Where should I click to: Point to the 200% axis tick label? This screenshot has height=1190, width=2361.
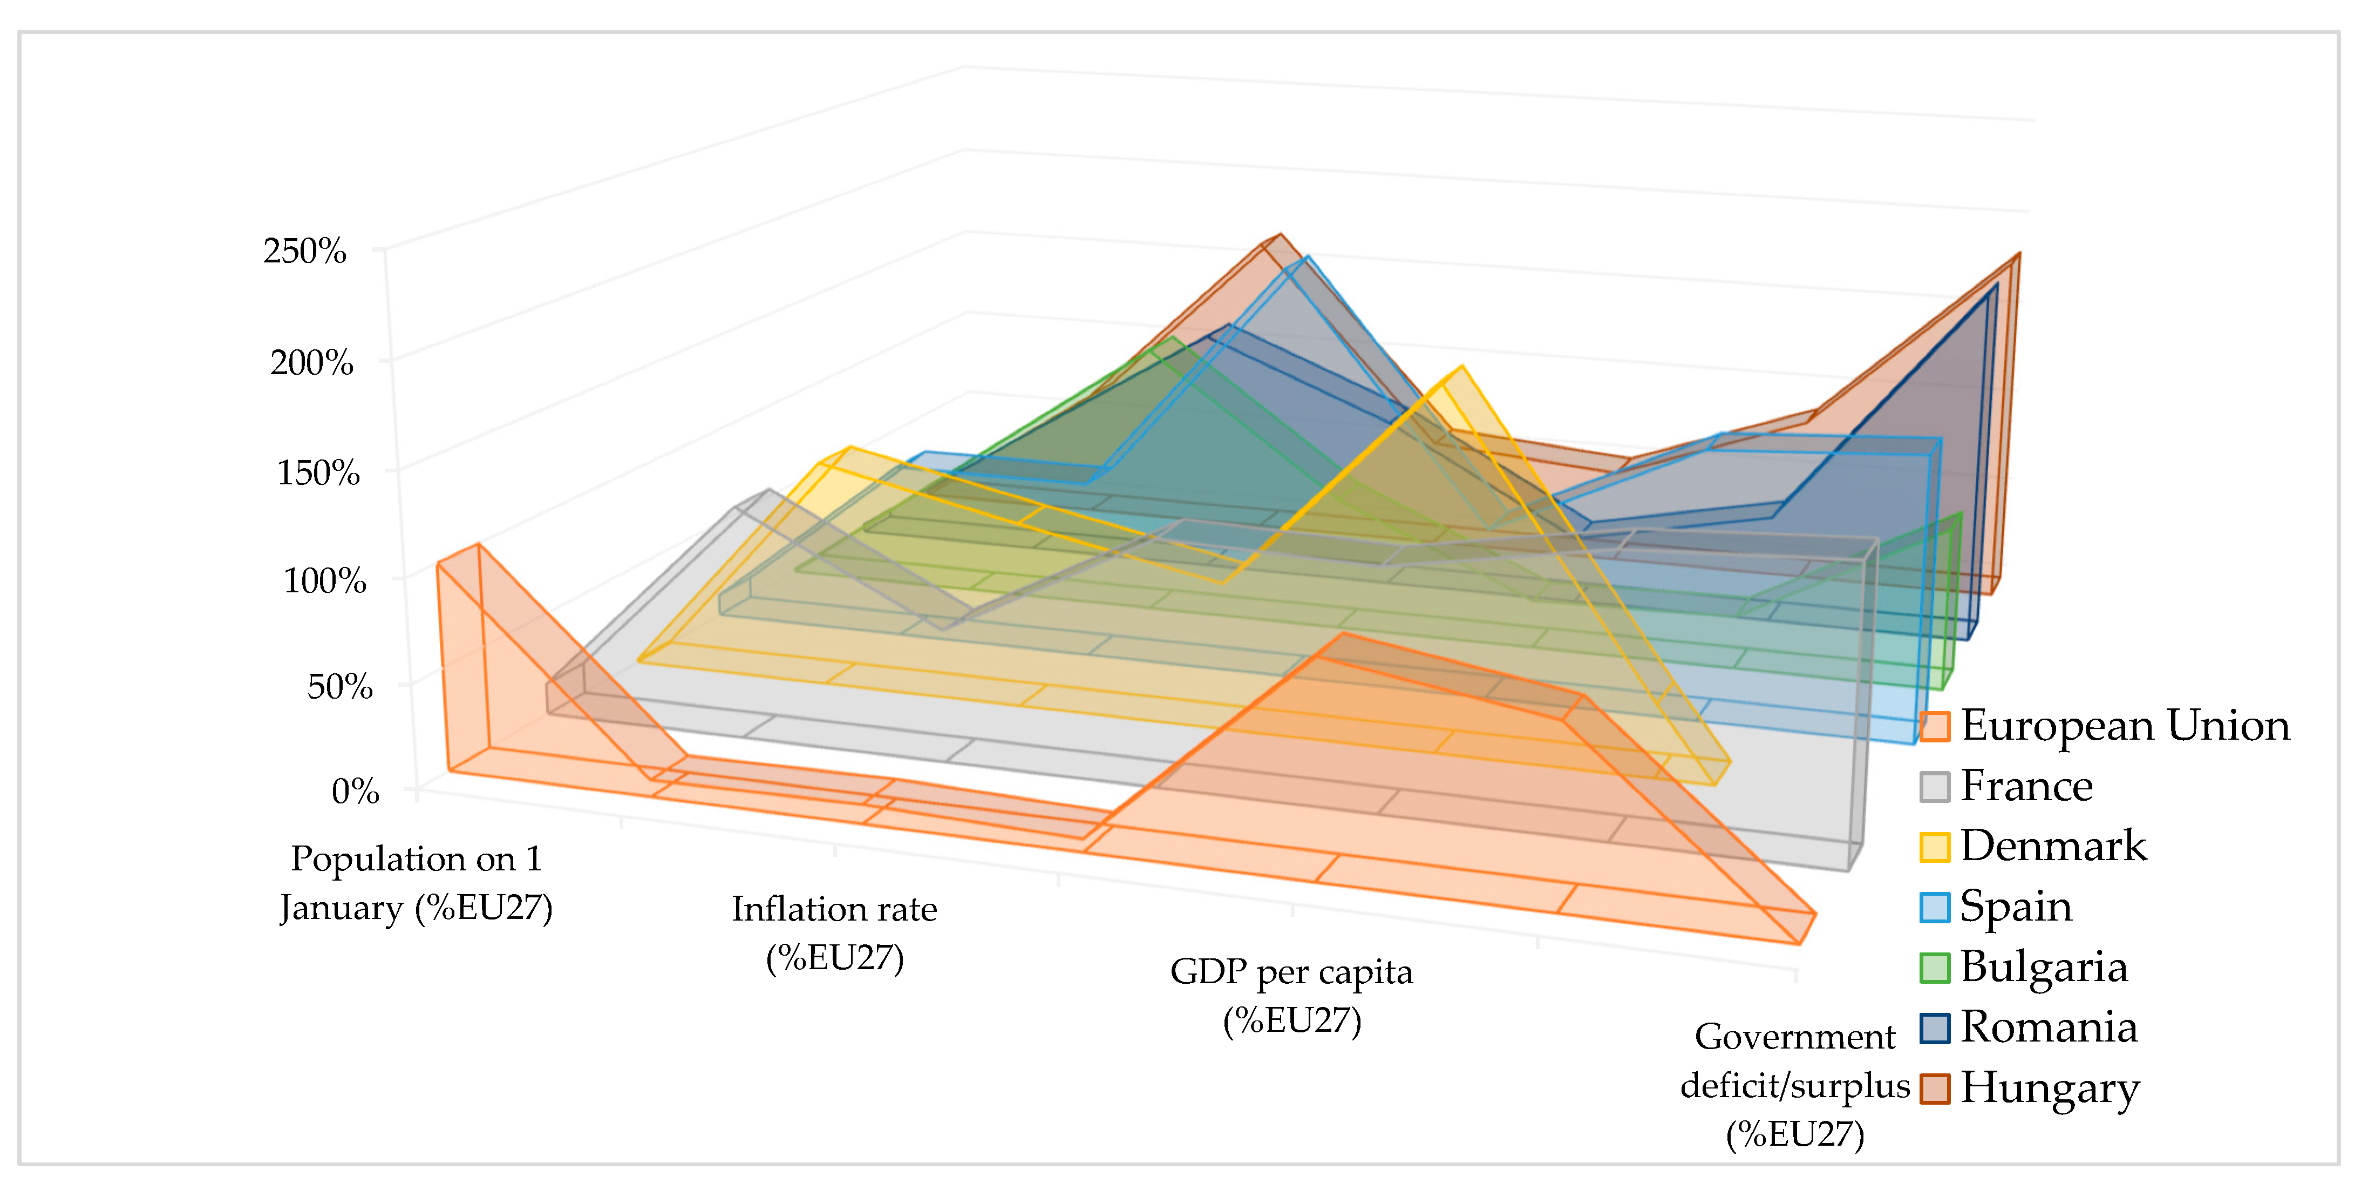point(311,362)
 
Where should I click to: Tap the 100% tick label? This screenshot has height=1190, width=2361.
point(324,580)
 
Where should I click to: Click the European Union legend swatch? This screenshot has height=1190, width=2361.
point(1934,726)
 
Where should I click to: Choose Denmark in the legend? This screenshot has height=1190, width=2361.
point(2053,846)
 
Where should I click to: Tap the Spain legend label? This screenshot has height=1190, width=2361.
point(2016,906)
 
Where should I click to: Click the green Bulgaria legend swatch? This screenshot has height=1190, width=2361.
point(1934,967)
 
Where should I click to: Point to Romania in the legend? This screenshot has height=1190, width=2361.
point(2049,1027)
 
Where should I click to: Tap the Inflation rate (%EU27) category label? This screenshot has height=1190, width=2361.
point(834,932)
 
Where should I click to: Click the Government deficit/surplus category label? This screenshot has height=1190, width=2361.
point(1794,1085)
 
